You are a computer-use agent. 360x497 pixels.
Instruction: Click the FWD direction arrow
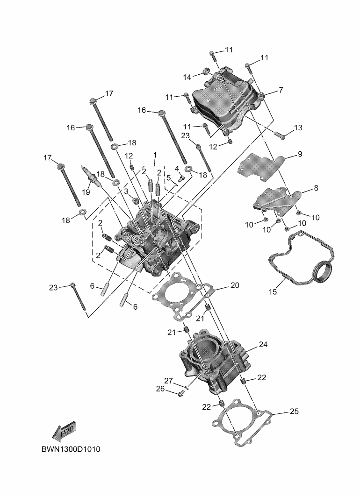(64, 432)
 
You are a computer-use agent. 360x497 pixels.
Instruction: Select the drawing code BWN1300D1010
(71, 450)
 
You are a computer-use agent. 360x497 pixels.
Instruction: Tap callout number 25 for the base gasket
(294, 412)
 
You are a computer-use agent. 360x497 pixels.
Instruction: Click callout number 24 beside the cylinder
(263, 345)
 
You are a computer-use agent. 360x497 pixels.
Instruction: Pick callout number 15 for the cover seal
(273, 292)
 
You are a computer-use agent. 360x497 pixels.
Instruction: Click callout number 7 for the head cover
(281, 89)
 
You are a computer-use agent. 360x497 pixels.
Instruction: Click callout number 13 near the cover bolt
(298, 127)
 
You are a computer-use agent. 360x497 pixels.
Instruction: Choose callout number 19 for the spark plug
(86, 192)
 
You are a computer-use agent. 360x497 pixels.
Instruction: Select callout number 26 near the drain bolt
(160, 389)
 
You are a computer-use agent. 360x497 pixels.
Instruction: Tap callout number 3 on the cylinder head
(126, 191)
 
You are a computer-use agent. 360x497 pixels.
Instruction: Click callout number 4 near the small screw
(177, 168)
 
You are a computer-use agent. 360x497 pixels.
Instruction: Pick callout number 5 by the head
(168, 177)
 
